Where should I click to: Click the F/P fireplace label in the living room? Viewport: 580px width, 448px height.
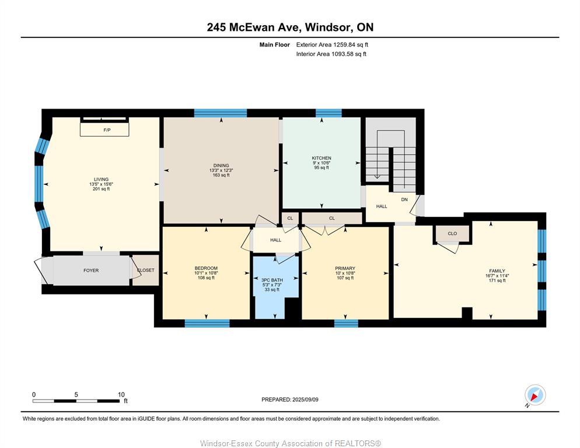pos(107,130)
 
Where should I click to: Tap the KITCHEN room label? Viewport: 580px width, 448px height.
pos(322,158)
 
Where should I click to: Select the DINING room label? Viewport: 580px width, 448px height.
pos(221,165)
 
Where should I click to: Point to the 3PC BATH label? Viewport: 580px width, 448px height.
pos(272,280)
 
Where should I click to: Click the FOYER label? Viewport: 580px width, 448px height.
pos(91,271)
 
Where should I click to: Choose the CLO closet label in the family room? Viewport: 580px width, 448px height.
pos(452,233)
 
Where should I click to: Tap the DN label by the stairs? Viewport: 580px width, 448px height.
pos(404,199)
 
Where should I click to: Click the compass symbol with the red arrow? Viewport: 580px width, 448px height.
pos(535,395)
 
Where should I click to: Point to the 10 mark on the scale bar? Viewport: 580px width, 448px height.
pos(121,394)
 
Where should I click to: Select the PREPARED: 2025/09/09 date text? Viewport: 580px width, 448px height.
pos(290,400)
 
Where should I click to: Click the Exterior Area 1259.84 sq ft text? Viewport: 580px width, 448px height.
pos(332,45)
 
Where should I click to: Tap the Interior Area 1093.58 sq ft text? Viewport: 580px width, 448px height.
pos(331,54)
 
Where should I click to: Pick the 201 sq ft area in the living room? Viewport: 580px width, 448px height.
pos(101,188)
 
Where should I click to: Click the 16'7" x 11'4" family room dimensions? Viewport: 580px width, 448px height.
pos(497,275)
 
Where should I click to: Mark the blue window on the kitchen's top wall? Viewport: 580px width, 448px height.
pos(329,113)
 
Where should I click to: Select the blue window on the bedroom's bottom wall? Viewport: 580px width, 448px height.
pos(207,323)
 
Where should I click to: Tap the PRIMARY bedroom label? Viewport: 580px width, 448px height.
pos(345,268)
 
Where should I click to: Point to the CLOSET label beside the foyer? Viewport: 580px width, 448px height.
pos(146,270)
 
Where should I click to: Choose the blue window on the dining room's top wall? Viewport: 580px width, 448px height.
pos(221,113)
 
